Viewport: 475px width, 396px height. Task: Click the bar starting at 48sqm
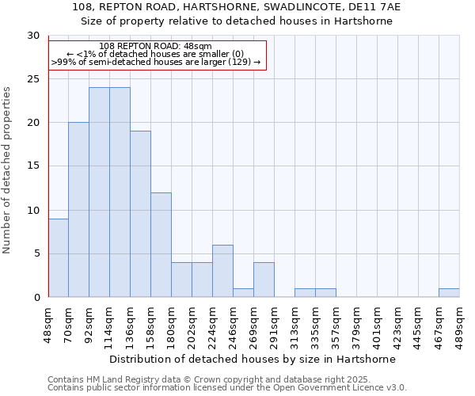[x=58, y=257]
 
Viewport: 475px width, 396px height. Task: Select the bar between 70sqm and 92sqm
[x=78, y=210]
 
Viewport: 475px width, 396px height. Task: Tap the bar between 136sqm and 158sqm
[x=140, y=214]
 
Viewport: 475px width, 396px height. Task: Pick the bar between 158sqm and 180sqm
[x=161, y=245]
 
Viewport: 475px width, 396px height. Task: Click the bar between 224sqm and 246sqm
[x=222, y=271]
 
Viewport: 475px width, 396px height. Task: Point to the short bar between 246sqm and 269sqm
[x=243, y=293]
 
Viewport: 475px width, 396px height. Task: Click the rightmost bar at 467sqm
[x=449, y=293]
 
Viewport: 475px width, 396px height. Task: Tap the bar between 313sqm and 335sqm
[x=305, y=293]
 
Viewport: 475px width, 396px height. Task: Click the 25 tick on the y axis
[x=34, y=79]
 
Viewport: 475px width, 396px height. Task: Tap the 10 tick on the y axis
[x=34, y=210]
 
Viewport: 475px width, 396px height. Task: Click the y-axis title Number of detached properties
[x=7, y=169]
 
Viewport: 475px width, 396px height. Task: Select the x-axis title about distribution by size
[x=253, y=359]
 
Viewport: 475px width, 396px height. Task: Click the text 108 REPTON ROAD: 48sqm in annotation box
[x=156, y=46]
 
